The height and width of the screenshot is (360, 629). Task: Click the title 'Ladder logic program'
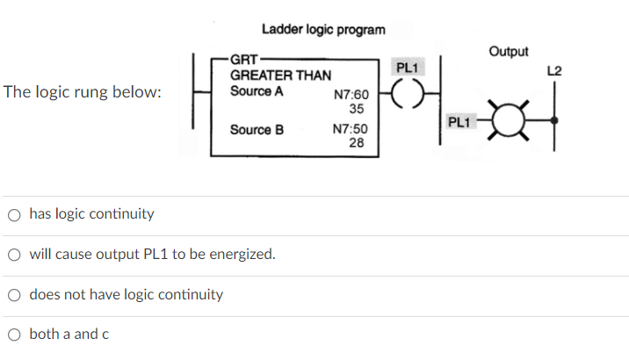click(322, 30)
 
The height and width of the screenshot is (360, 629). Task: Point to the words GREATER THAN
click(280, 76)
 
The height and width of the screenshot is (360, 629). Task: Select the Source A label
click(257, 90)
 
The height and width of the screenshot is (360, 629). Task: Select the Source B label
click(257, 129)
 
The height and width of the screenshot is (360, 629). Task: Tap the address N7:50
click(351, 130)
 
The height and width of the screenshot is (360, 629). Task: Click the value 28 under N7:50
click(356, 143)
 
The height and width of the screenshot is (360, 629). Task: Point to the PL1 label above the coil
click(408, 68)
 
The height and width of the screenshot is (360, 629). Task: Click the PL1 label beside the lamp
click(459, 122)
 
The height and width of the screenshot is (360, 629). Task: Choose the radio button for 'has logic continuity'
click(15, 213)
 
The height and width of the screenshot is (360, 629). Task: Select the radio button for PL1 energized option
click(15, 255)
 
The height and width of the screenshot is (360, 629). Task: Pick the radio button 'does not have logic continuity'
click(15, 294)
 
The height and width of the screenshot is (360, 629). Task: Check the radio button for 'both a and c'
click(15, 334)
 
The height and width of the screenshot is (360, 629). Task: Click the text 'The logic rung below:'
click(83, 91)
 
